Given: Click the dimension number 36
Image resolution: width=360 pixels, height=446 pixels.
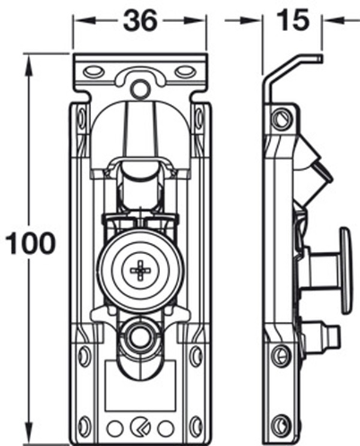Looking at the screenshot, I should (140, 21).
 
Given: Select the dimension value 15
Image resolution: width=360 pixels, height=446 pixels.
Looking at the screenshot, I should (293, 21).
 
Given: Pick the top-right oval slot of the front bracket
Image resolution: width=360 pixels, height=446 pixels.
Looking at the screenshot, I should (186, 72).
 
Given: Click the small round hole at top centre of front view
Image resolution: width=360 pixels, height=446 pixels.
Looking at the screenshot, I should (140, 89).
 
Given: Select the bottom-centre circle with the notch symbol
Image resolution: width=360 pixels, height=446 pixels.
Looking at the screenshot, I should (140, 428).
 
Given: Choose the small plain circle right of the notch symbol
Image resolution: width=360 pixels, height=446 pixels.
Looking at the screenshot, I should (166, 428).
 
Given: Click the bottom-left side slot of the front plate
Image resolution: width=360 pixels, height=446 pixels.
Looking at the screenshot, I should (84, 425).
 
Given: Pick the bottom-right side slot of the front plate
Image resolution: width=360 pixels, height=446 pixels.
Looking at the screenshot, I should (196, 425).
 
